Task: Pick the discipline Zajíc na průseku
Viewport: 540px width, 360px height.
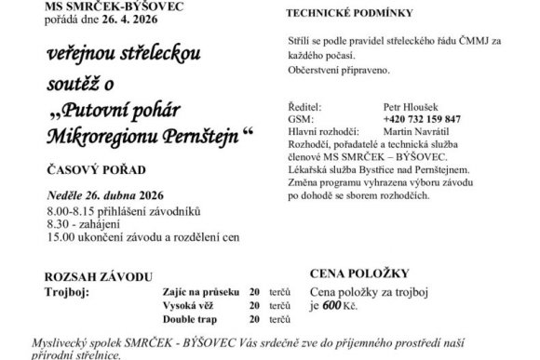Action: pyautogui.click(x=196, y=291)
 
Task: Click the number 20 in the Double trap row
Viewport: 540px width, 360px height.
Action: pyautogui.click(x=254, y=317)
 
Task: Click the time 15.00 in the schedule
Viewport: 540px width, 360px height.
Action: pyautogui.click(x=61, y=238)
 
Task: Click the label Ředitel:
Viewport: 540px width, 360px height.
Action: pyautogui.click(x=304, y=108)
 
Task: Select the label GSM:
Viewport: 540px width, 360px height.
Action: pyautogui.click(x=300, y=120)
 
